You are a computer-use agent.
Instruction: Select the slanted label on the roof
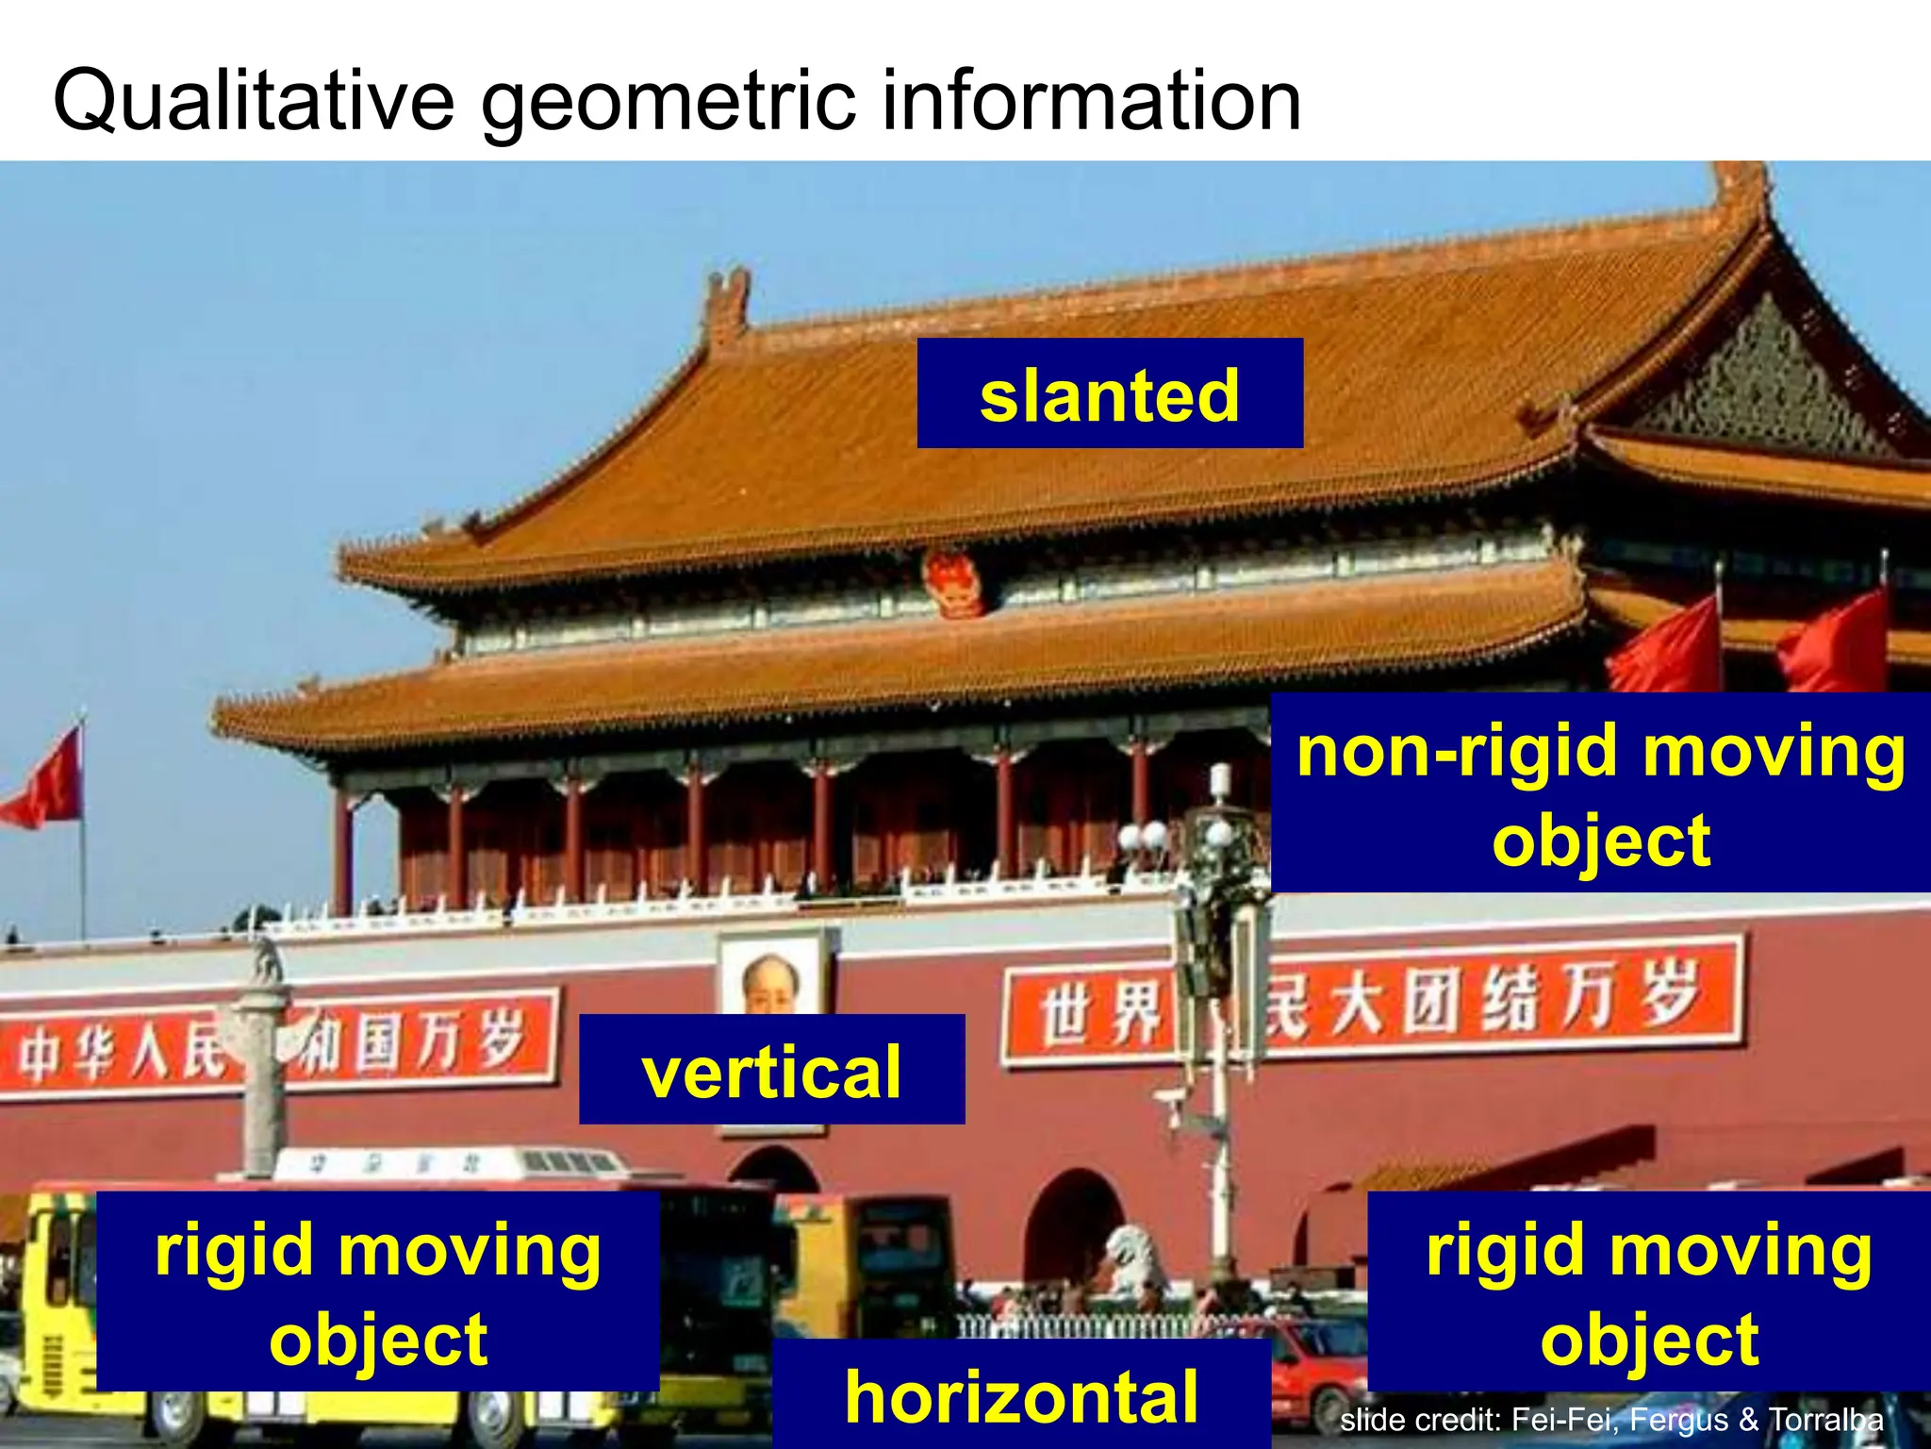click(1110, 393)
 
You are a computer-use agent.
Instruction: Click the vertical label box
click(771, 1070)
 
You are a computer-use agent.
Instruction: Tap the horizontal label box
click(1021, 1394)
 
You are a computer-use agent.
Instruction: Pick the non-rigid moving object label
click(1600, 792)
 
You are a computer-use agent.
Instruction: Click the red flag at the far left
click(45, 781)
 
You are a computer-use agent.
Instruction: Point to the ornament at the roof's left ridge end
click(727, 304)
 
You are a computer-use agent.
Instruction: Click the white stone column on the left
click(262, 1066)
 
